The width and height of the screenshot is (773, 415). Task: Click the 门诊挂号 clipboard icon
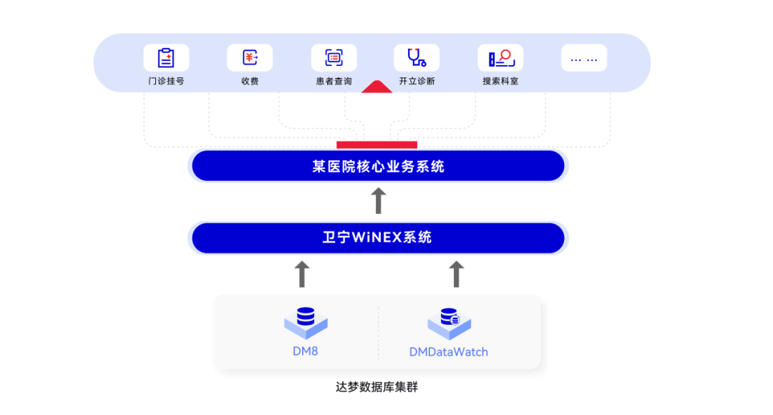click(x=166, y=58)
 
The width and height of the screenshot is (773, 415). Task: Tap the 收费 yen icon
click(x=250, y=58)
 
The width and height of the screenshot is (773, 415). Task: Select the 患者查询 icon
click(x=334, y=58)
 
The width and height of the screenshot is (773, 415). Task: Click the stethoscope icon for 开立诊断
click(x=417, y=58)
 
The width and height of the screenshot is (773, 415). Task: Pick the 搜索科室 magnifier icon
click(x=500, y=58)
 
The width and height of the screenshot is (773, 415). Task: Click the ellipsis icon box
click(x=584, y=58)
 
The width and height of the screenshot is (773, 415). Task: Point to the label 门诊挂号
click(x=166, y=82)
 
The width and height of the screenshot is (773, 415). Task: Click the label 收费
click(x=250, y=82)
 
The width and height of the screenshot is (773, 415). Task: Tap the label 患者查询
click(x=334, y=82)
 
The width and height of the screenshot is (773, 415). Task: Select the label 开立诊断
click(x=417, y=82)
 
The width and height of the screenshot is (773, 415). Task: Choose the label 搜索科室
click(x=500, y=82)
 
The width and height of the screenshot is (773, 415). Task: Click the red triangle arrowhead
click(x=376, y=88)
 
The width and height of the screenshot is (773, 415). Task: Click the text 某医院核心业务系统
click(x=378, y=167)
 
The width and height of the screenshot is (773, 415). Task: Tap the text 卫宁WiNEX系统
click(x=377, y=238)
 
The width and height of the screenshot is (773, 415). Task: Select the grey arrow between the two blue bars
click(x=379, y=201)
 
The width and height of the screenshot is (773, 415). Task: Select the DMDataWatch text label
click(x=449, y=352)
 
